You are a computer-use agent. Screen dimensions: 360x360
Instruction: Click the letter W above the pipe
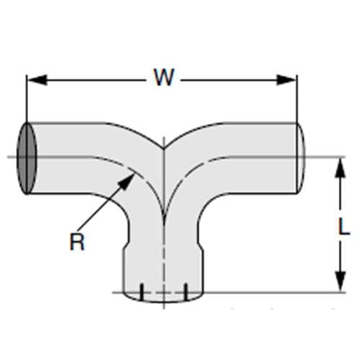(163, 78)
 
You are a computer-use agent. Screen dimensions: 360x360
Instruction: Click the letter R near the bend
(77, 241)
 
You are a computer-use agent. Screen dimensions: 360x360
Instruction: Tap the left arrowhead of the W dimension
(32, 78)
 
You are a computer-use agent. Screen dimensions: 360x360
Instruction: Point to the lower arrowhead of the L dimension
(336, 285)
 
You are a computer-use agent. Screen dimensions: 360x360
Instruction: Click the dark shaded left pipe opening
(27, 158)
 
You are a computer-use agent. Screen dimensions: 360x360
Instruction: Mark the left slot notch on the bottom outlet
(142, 290)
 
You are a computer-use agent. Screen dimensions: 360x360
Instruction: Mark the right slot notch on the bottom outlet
(186, 290)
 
